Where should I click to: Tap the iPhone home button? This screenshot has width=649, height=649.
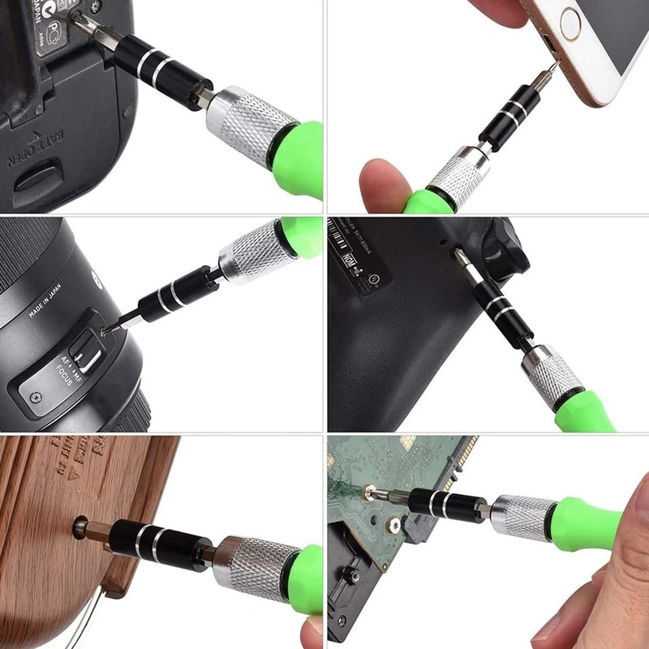(570, 24)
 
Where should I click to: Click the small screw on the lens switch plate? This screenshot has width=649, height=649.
(34, 398)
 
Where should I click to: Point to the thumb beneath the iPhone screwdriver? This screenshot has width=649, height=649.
(385, 184)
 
